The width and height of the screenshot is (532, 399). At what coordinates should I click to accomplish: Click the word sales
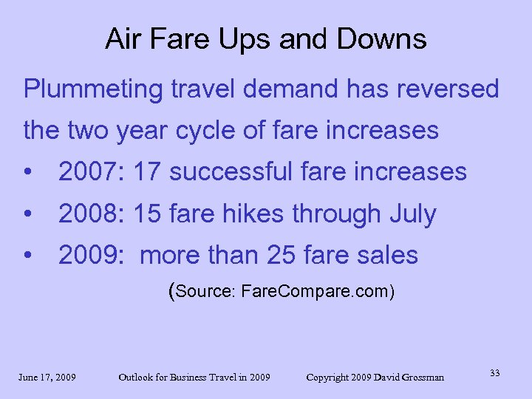tap(389, 256)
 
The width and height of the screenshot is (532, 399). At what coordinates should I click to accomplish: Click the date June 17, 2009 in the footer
tap(47, 378)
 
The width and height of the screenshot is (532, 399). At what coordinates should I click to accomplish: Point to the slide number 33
tap(494, 373)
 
